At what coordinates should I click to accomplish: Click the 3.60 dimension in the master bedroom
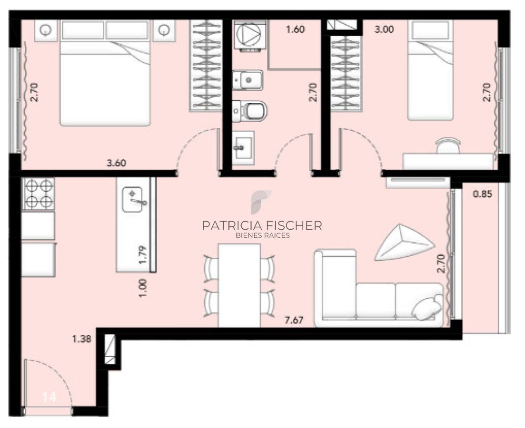coord(116,163)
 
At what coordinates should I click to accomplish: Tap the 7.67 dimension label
coord(294,320)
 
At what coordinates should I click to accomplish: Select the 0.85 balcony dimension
coord(483,194)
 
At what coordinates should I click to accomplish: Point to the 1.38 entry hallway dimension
coord(82,339)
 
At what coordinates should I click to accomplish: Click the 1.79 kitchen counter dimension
coord(143,255)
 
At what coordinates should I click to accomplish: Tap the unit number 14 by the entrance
coord(50,397)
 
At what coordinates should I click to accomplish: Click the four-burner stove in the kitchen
coord(38,194)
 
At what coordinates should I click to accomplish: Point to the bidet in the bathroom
coord(248,80)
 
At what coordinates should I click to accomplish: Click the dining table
coord(239,285)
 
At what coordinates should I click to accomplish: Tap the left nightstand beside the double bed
coord(46,31)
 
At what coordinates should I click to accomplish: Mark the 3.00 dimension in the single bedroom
coord(384,29)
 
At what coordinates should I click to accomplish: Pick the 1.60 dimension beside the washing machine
coord(295,29)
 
